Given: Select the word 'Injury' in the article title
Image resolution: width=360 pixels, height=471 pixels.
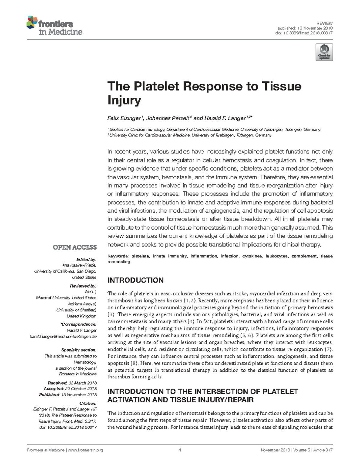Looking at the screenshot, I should [x=124, y=100].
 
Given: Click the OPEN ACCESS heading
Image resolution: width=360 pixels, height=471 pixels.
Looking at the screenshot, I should [x=75, y=247].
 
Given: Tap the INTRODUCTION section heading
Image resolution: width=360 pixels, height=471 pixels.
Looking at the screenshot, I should [x=135, y=280].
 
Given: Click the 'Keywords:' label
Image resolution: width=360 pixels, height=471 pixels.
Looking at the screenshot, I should [x=118, y=256].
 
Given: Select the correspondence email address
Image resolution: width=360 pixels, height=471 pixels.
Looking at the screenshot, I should [x=63, y=336].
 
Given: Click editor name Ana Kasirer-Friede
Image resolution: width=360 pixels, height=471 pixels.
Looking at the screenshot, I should [x=79, y=265].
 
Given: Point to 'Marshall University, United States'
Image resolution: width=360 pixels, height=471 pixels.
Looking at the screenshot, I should [x=66, y=298].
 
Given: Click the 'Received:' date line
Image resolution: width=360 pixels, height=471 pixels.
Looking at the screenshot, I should [x=72, y=383].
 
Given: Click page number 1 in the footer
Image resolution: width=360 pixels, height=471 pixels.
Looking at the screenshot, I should [x=180, y=450].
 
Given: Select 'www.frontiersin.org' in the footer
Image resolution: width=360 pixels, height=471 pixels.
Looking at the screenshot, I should [x=85, y=450].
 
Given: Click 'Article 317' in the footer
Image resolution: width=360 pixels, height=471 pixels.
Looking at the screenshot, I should [x=323, y=450].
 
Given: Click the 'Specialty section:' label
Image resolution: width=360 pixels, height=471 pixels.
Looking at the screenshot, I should [x=79, y=350].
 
